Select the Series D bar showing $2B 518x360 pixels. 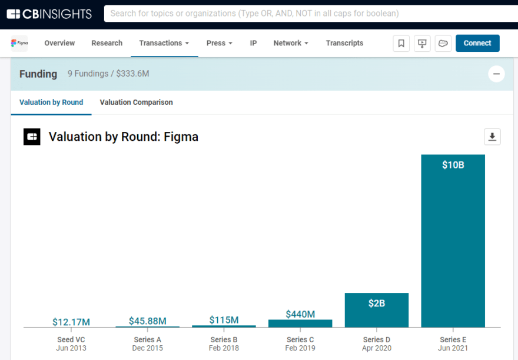click(x=376, y=310)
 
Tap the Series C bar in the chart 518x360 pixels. click(x=300, y=323)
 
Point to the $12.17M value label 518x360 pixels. click(x=71, y=322)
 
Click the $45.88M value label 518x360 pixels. click(x=147, y=321)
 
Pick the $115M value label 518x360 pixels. click(x=224, y=320)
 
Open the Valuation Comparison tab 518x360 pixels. click(x=136, y=103)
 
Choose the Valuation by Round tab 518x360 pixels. click(x=51, y=103)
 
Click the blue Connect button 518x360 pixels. click(x=477, y=43)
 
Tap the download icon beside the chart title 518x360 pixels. click(x=492, y=137)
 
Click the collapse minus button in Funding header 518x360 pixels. click(x=496, y=74)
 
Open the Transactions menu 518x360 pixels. click(x=164, y=43)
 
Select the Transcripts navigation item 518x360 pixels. click(x=344, y=43)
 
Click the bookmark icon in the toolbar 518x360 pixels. click(x=401, y=43)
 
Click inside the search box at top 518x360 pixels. click(x=306, y=14)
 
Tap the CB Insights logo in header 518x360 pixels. click(x=49, y=14)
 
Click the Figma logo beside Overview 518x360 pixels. click(x=19, y=43)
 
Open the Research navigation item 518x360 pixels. click(x=107, y=43)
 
